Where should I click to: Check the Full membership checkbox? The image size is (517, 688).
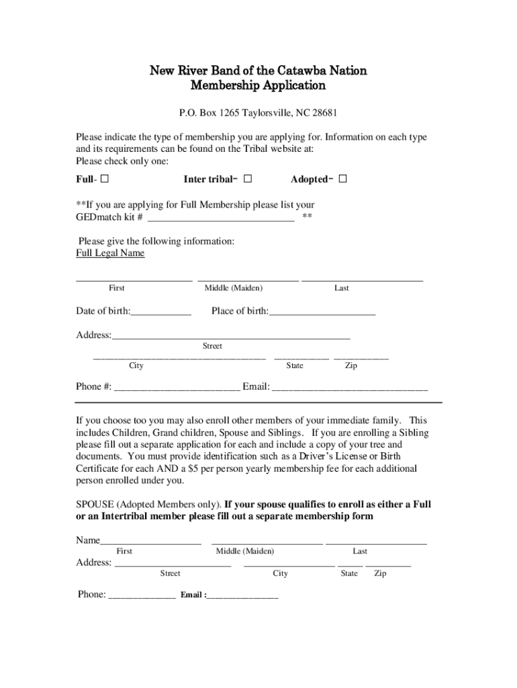tap(105, 179)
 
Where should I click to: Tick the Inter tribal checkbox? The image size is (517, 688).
tap(248, 179)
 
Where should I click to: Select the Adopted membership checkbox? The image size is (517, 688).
tap(342, 179)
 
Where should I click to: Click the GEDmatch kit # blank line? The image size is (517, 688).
tap(220, 217)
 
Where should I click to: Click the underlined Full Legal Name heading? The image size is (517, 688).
tap(110, 253)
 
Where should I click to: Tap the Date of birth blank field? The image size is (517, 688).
tap(161, 312)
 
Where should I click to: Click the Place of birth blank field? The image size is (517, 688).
tap(322, 312)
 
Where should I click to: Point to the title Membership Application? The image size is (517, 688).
tap(258, 86)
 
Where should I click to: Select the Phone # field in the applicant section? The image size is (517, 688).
tap(177, 387)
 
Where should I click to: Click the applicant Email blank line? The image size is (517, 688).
tap(350, 387)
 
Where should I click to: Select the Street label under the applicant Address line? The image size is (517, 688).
tap(212, 346)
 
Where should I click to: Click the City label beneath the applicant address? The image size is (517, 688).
tap(136, 366)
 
